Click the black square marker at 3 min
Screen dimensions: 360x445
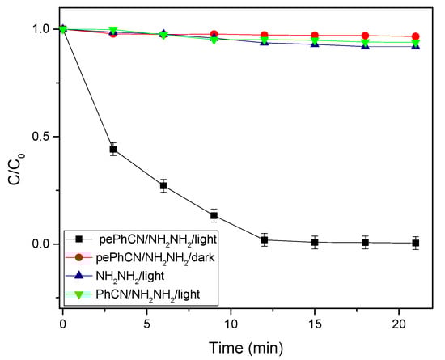(113, 149)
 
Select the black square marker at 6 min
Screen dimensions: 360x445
(163, 185)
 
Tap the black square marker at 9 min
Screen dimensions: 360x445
(214, 215)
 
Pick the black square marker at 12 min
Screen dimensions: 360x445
(265, 239)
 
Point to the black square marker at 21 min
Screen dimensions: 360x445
(416, 243)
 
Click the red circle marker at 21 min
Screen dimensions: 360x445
(416, 36)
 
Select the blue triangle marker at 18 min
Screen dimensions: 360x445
(366, 45)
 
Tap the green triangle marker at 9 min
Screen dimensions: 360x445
(214, 39)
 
